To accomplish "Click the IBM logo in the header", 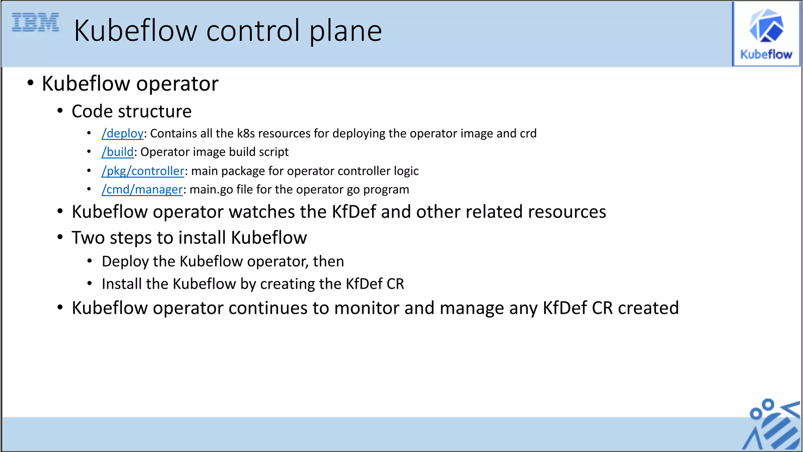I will click(35, 22).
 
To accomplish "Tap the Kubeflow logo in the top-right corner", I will click(766, 34).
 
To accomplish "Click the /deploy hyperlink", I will click(123, 134).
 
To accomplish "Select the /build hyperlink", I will click(118, 152).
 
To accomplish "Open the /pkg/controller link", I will click(143, 171).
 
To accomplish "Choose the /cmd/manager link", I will click(142, 190).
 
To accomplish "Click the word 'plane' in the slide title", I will click(345, 31).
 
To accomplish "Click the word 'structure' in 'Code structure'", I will click(154, 111).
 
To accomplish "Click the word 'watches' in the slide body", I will click(262, 212).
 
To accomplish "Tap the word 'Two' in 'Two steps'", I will click(88, 238).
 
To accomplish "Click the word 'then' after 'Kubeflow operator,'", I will click(328, 262).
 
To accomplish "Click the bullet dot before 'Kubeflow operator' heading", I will click(31, 83).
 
